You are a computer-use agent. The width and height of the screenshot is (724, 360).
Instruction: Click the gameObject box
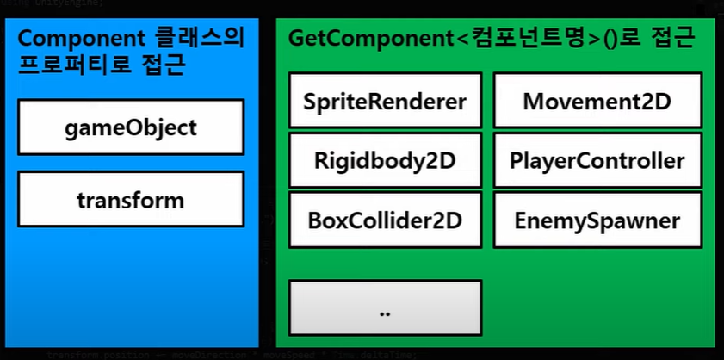click(x=131, y=128)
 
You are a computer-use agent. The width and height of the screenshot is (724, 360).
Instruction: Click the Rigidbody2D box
click(x=384, y=161)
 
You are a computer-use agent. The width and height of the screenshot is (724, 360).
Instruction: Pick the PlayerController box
click(x=597, y=161)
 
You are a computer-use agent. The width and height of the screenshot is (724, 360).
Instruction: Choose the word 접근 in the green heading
click(x=668, y=39)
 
